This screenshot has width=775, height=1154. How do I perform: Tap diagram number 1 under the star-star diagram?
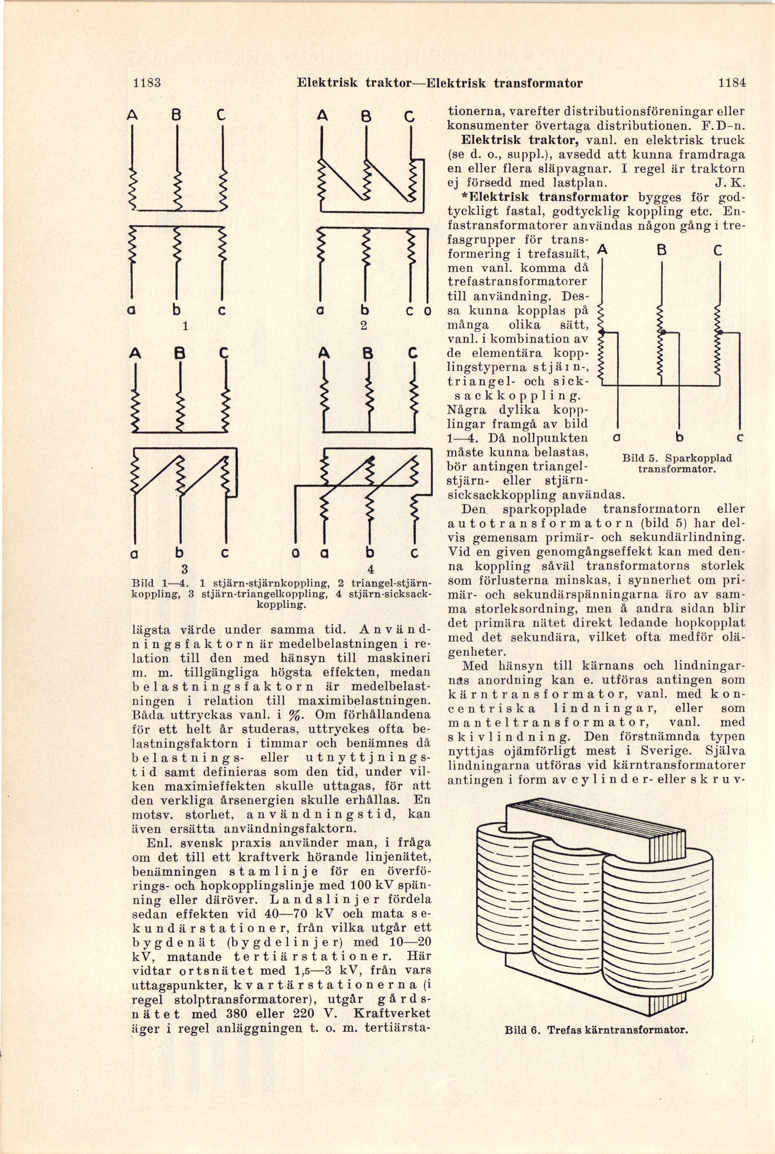(185, 326)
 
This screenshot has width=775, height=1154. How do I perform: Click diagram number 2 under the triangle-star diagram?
(364, 326)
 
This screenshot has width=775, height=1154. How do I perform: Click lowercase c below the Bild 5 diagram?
(740, 438)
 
